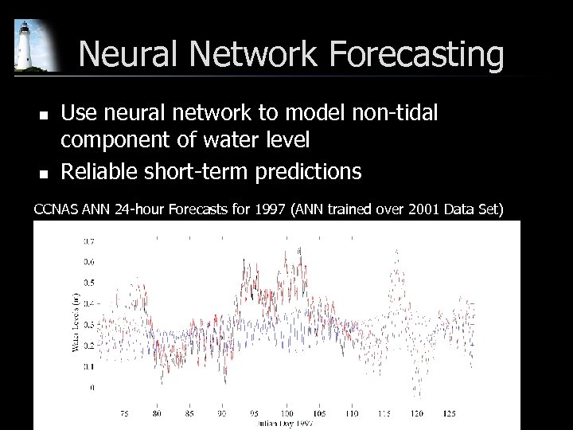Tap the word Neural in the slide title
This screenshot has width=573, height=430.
tap(129, 55)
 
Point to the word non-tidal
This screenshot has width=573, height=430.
tap(396, 114)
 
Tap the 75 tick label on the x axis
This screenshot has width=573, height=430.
tap(124, 412)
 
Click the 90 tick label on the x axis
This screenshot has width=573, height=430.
tap(220, 412)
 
